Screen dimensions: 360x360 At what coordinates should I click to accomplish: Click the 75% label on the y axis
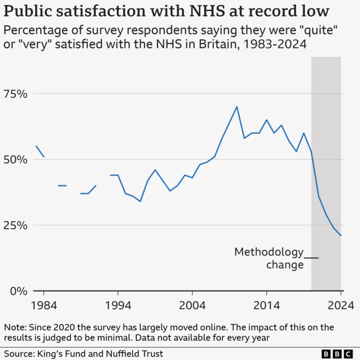(x=14, y=94)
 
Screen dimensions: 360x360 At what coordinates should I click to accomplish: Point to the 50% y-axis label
(x=14, y=160)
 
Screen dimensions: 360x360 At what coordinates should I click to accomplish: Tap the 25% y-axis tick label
(x=14, y=226)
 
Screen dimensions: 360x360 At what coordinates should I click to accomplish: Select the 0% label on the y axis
(x=17, y=291)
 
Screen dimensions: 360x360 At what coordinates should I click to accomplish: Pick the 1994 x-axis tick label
(x=118, y=305)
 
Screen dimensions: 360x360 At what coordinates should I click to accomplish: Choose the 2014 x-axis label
(x=267, y=305)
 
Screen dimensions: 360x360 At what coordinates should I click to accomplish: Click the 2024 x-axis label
(x=341, y=305)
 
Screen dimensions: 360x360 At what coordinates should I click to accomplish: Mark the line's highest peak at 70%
(x=237, y=107)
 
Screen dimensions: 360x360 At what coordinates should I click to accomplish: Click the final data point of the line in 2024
(x=341, y=235)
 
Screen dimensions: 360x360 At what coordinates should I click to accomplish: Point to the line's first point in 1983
(x=36, y=146)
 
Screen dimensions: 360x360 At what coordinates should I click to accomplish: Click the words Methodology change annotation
(x=269, y=258)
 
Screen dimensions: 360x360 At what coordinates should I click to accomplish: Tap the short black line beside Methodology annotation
(x=311, y=257)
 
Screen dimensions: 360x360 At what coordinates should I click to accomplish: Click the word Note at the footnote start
(x=17, y=327)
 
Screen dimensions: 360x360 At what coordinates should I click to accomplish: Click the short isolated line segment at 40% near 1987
(x=62, y=186)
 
